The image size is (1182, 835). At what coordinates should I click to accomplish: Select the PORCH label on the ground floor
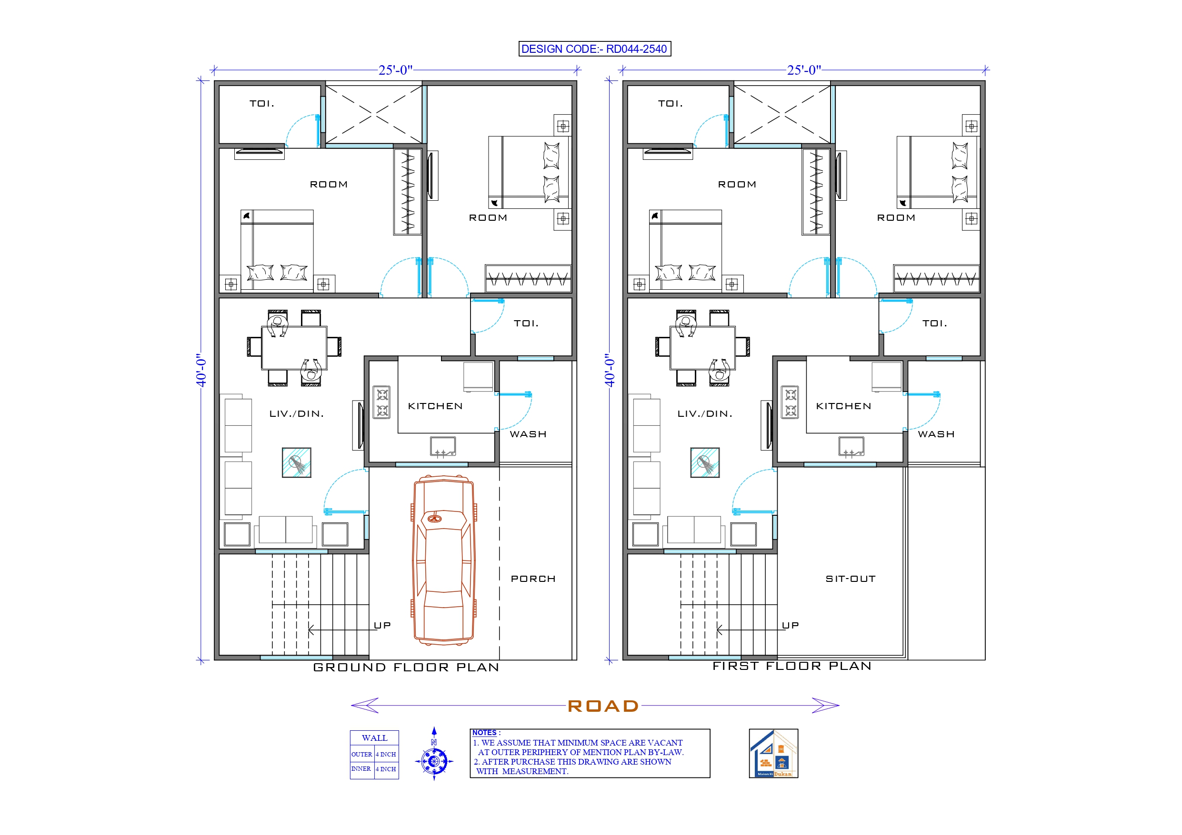pos(533,579)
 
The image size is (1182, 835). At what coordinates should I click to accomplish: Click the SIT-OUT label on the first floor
pos(851,579)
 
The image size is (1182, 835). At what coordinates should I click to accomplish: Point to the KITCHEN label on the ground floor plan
pos(435,406)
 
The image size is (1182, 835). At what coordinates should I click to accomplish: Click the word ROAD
pos(603,706)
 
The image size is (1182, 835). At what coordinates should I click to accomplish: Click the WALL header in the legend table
pos(374,738)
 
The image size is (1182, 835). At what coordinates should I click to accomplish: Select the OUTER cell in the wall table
pos(361,754)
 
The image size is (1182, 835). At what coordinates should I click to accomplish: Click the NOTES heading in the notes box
pos(484,733)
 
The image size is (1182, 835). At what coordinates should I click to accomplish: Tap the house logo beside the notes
pos(773,753)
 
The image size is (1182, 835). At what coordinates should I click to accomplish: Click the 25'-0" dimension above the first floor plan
pos(803,70)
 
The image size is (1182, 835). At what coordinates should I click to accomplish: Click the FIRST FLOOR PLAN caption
pos(792,666)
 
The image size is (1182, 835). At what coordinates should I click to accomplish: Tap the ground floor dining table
pos(294,348)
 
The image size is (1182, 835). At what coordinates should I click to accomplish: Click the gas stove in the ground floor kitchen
pos(381,403)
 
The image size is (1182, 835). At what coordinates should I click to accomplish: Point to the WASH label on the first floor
pos(936,434)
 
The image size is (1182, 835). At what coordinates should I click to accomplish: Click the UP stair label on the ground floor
pos(382,625)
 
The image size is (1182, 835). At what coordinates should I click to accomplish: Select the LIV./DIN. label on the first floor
pos(704,413)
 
